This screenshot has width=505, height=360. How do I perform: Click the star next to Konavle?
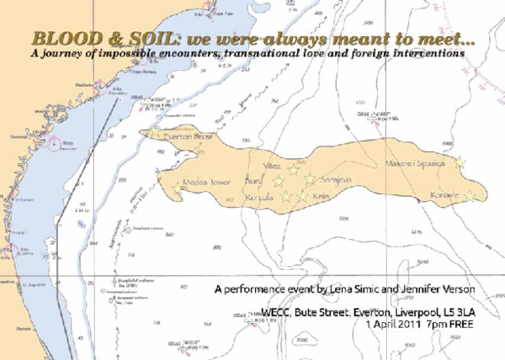point(469,196)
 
